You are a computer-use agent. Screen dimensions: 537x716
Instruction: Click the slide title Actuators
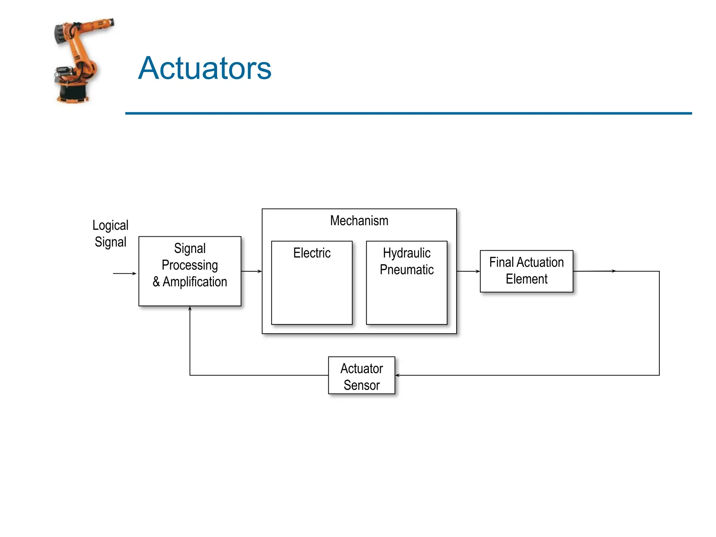(x=205, y=68)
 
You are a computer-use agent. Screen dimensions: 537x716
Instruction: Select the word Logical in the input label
(x=110, y=225)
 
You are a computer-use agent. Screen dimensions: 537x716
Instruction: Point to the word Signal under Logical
(x=110, y=242)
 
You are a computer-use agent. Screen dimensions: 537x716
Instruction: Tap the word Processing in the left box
(x=189, y=265)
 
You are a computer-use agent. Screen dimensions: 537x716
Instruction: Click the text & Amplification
(x=189, y=282)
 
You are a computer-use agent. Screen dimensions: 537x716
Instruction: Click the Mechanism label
(x=359, y=221)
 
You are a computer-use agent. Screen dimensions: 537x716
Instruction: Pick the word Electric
(x=312, y=253)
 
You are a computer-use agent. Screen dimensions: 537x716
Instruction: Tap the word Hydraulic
(x=407, y=253)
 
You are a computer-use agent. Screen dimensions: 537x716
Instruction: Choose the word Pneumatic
(x=407, y=270)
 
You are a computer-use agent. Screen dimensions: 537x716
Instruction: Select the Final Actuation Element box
(x=526, y=271)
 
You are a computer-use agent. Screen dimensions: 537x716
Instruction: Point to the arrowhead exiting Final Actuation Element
(x=614, y=271)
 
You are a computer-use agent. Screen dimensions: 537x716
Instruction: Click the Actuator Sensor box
(x=361, y=375)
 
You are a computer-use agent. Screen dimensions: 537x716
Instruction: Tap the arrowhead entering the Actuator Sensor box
(x=398, y=375)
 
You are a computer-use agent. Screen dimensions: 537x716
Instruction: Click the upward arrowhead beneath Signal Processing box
(x=190, y=309)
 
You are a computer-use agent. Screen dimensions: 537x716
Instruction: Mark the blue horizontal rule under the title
(x=408, y=113)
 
